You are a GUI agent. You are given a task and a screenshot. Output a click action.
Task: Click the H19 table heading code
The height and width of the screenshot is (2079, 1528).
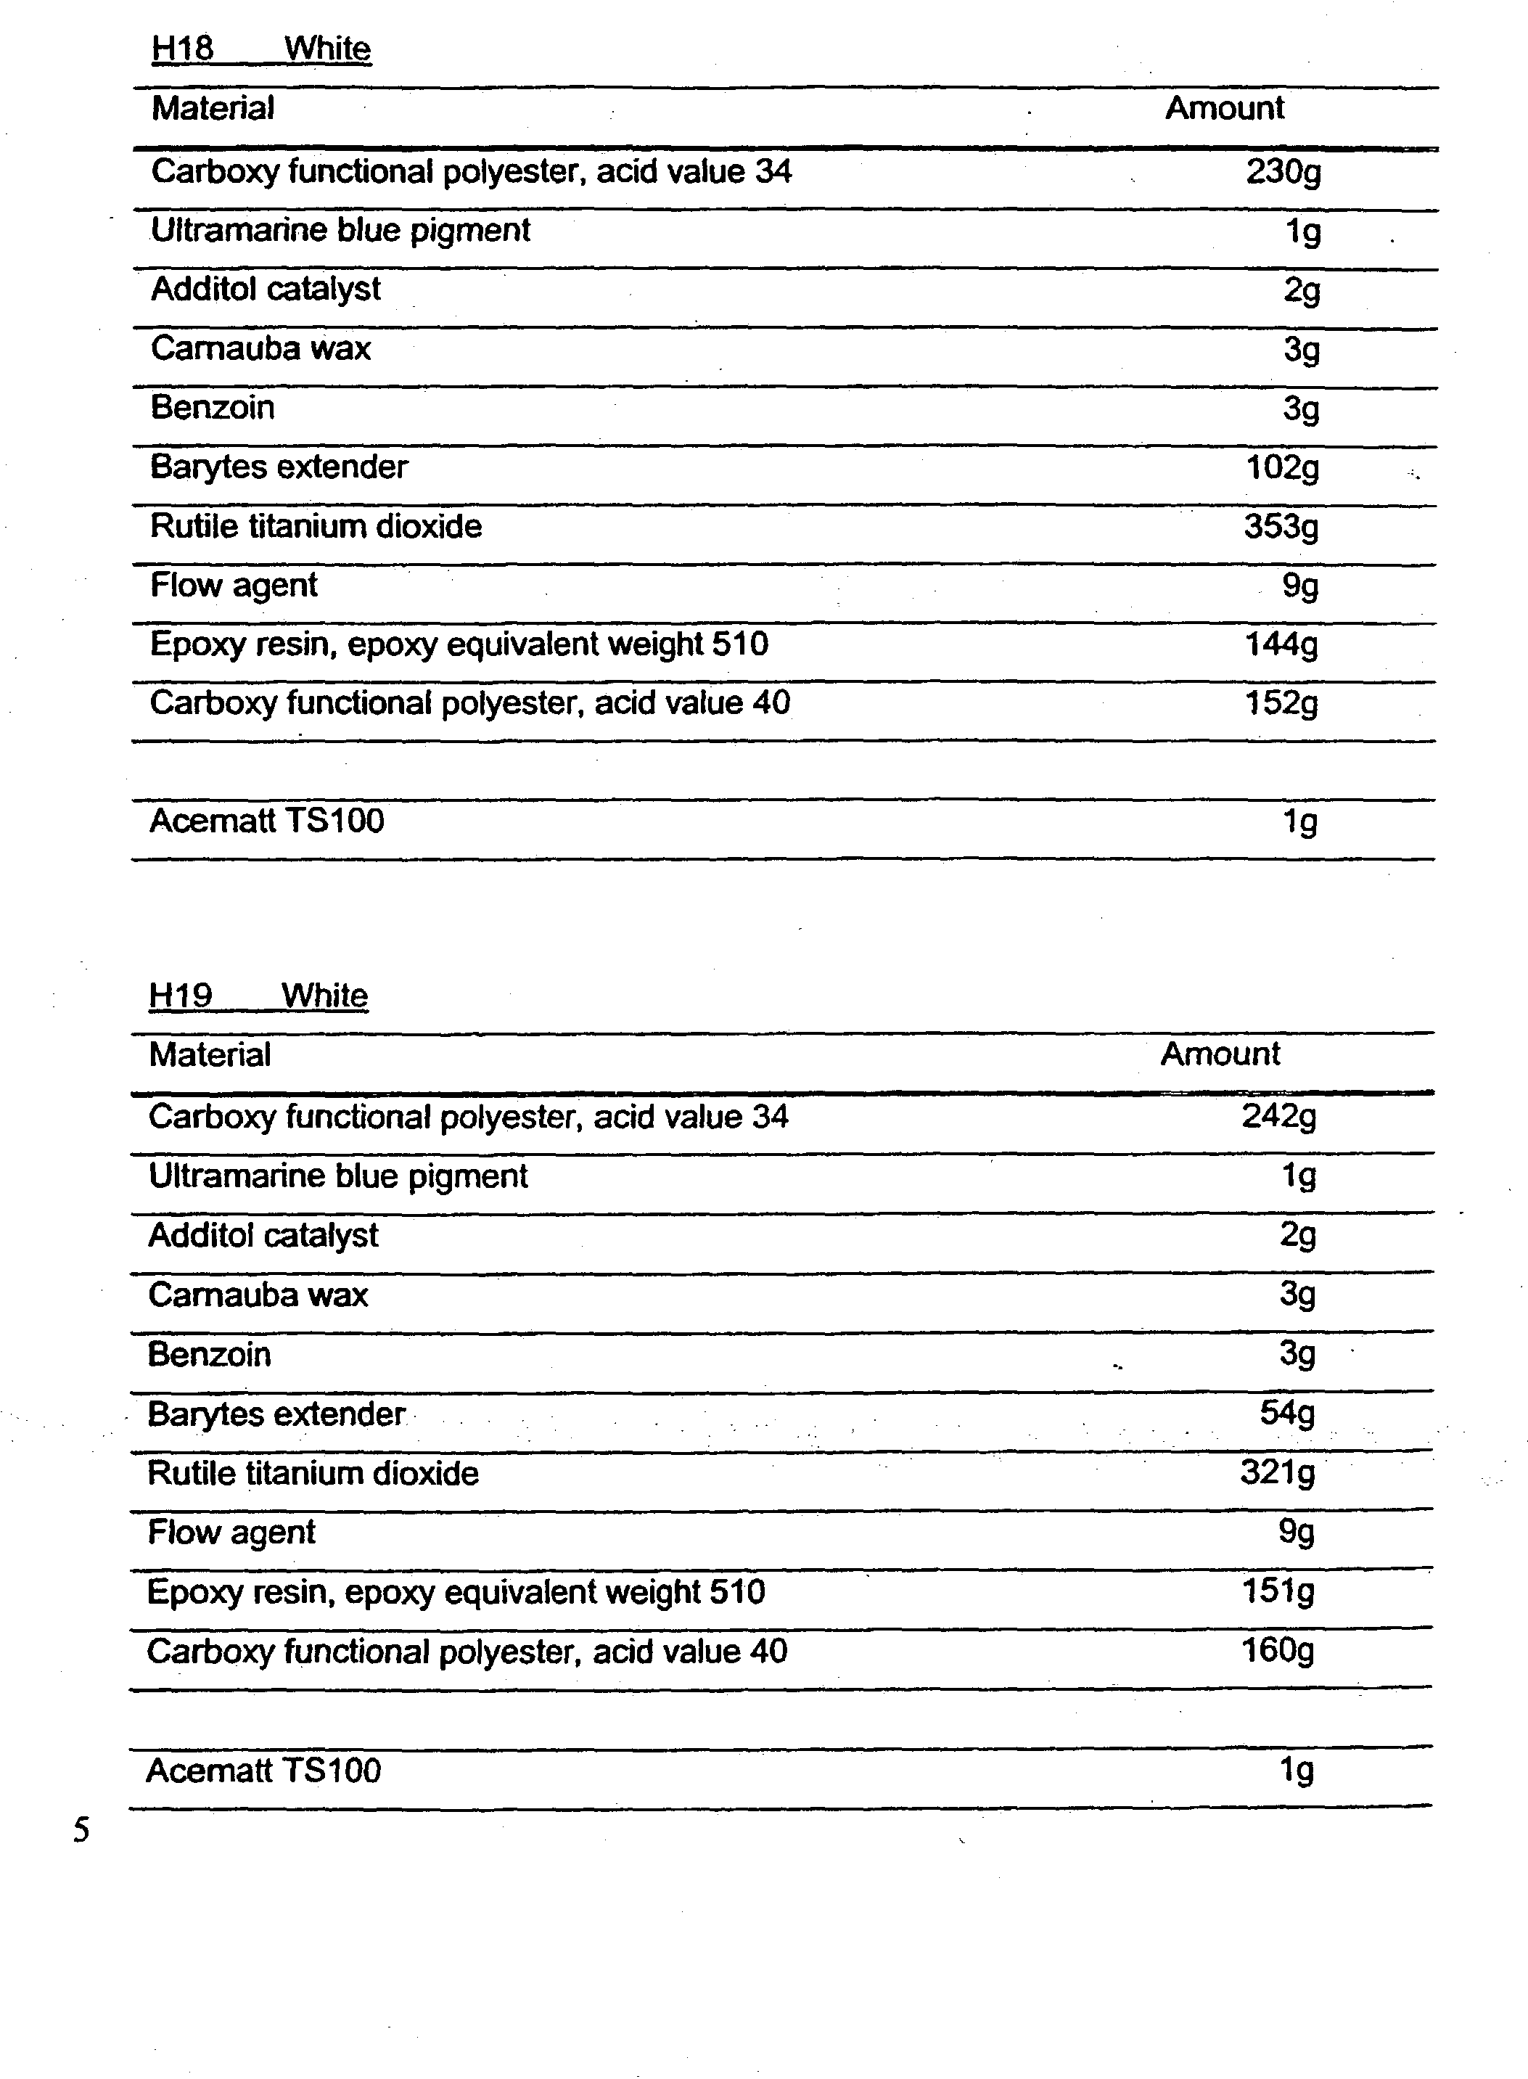click(x=181, y=995)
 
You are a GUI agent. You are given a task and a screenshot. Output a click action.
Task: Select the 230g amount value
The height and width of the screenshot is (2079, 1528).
click(x=1283, y=172)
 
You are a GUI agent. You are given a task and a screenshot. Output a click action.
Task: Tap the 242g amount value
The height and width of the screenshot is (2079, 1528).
click(x=1279, y=1118)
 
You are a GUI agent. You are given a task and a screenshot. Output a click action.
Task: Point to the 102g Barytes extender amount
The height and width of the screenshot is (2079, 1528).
click(x=1282, y=468)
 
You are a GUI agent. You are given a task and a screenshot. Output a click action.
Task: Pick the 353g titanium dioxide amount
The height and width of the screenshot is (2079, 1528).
click(x=1281, y=527)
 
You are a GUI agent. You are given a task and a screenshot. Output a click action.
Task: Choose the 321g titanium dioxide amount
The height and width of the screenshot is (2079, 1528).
click(x=1278, y=1472)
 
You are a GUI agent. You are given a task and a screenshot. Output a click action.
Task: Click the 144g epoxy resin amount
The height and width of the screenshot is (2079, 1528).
click(x=1281, y=644)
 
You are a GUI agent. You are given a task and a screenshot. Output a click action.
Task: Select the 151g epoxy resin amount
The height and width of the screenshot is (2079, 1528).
click(x=1278, y=1591)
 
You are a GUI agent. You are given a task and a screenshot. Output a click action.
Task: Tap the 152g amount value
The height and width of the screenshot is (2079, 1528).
click(x=1281, y=704)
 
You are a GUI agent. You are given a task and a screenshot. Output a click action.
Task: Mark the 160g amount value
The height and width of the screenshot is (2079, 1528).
click(x=1278, y=1650)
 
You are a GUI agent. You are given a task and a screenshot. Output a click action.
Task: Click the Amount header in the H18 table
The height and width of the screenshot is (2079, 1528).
click(x=1224, y=108)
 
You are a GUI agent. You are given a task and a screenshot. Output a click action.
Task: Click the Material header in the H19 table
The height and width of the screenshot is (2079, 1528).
click(x=210, y=1054)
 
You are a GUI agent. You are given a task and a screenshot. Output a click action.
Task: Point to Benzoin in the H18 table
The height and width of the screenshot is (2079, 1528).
click(x=213, y=408)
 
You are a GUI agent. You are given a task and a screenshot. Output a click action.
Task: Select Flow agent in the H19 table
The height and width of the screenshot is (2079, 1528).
click(x=231, y=1533)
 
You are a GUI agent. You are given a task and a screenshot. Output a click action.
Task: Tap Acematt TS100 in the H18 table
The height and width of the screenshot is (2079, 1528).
click(x=266, y=820)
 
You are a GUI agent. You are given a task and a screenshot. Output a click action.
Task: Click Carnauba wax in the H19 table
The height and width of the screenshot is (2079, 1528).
click(x=258, y=1295)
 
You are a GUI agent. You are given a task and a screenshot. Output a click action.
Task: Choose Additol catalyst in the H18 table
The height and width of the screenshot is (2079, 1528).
click(x=266, y=290)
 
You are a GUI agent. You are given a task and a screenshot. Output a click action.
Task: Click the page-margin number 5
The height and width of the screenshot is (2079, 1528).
click(x=81, y=1829)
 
